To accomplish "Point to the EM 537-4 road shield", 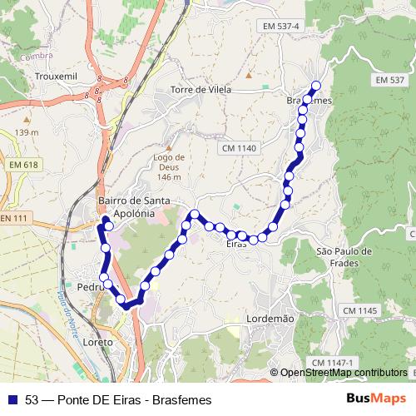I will (278, 27).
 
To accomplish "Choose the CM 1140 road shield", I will (240, 148).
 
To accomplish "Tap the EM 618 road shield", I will (25, 166).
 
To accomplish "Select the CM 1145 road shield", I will (358, 310).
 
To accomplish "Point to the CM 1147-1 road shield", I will (333, 363).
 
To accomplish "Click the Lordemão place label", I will (271, 319).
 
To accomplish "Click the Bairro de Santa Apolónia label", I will (134, 207).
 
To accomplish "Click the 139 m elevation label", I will (26, 132).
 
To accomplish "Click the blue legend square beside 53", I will (13, 400).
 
